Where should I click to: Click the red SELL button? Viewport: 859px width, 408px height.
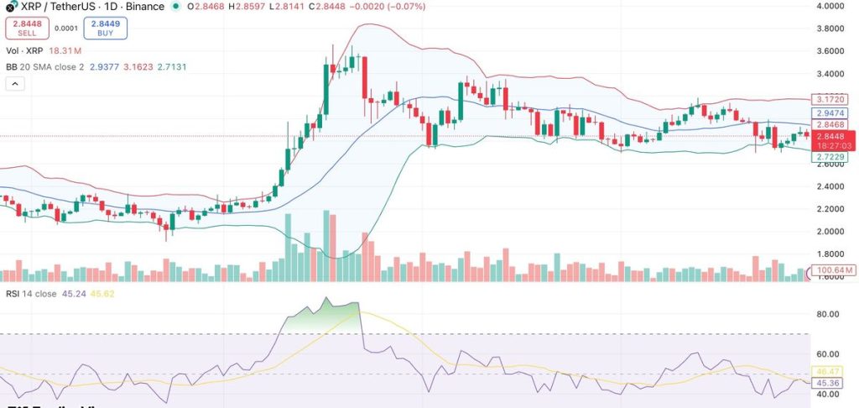(27, 29)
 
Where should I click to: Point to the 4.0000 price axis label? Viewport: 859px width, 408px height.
(830, 6)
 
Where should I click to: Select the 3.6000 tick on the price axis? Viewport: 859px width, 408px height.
(830, 51)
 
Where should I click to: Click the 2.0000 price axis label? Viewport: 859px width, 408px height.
(830, 232)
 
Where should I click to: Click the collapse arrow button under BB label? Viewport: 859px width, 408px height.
(14, 84)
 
